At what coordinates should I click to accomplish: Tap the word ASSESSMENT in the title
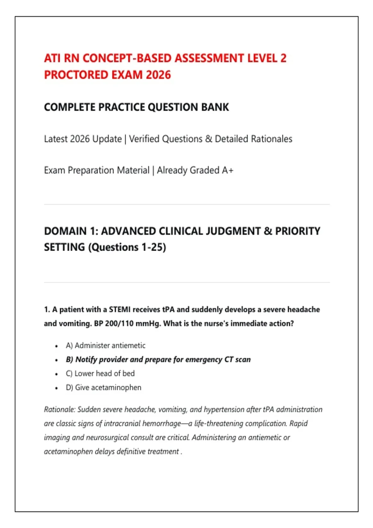pyautogui.click(x=209, y=58)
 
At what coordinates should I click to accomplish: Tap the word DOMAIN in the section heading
pyautogui.click(x=65, y=231)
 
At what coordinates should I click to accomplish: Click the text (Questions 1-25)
pyautogui.click(x=127, y=247)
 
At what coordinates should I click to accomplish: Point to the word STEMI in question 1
pyautogui.click(x=120, y=309)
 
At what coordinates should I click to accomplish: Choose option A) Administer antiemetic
pyautogui.click(x=105, y=346)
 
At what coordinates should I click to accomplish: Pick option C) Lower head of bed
pyautogui.click(x=100, y=374)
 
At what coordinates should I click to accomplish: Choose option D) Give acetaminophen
pyautogui.click(x=103, y=388)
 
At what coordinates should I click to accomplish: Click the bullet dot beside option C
pyautogui.click(x=56, y=374)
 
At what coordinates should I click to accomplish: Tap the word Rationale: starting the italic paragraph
pyautogui.click(x=60, y=410)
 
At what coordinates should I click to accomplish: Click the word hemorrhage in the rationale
pyautogui.click(x=162, y=424)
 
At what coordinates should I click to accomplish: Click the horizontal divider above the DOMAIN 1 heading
pyautogui.click(x=187, y=205)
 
